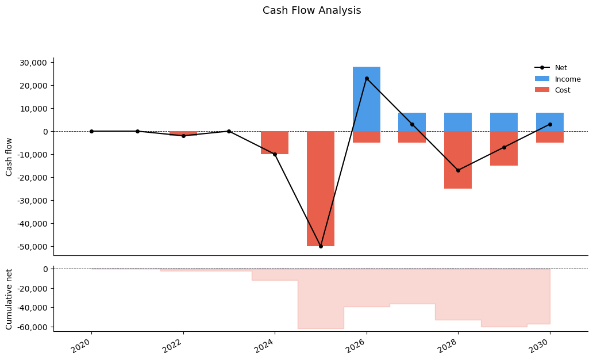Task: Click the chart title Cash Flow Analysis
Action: (x=311, y=11)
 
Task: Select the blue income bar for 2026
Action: (x=367, y=99)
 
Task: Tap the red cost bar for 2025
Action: (x=321, y=189)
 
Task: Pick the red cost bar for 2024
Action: (x=275, y=143)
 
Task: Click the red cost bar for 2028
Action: (x=458, y=160)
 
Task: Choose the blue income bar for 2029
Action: (x=504, y=122)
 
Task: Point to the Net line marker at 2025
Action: (x=321, y=246)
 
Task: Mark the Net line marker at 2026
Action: (x=367, y=78)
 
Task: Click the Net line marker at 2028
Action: (x=458, y=170)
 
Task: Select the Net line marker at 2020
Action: (x=91, y=131)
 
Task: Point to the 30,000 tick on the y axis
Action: (x=35, y=63)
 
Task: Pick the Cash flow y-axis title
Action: (x=9, y=156)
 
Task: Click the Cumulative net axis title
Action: (x=9, y=299)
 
